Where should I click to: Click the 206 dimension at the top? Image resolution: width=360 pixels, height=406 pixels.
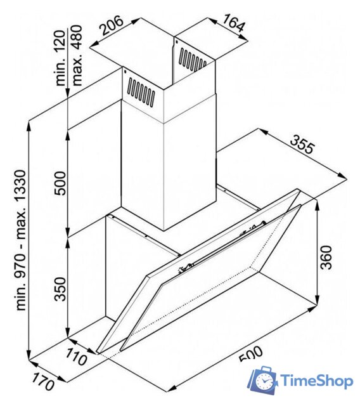pyautogui.click(x=112, y=25)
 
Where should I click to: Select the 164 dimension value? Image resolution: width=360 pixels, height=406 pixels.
pyautogui.click(x=233, y=23)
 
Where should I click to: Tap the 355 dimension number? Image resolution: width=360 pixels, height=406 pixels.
pyautogui.click(x=302, y=144)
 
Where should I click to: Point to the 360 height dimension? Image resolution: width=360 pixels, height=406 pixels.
pyautogui.click(x=325, y=258)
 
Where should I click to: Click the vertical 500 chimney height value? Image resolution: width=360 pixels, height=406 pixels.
pyautogui.click(x=60, y=183)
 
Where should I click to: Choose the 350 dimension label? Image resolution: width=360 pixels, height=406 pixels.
pyautogui.click(x=60, y=289)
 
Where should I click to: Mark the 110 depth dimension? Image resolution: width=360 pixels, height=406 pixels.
pyautogui.click(x=76, y=357)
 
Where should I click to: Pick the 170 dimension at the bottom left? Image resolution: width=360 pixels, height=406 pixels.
pyautogui.click(x=43, y=382)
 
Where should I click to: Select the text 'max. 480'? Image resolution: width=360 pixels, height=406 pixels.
pyautogui.click(x=77, y=55)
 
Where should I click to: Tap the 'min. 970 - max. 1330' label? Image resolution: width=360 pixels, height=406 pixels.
pyautogui.click(x=21, y=240)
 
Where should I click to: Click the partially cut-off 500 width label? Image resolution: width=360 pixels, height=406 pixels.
pyautogui.click(x=251, y=354)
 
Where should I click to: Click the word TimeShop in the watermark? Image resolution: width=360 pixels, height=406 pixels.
pyautogui.click(x=317, y=381)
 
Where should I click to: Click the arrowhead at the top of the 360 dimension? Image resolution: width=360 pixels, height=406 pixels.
pyautogui.click(x=318, y=204)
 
